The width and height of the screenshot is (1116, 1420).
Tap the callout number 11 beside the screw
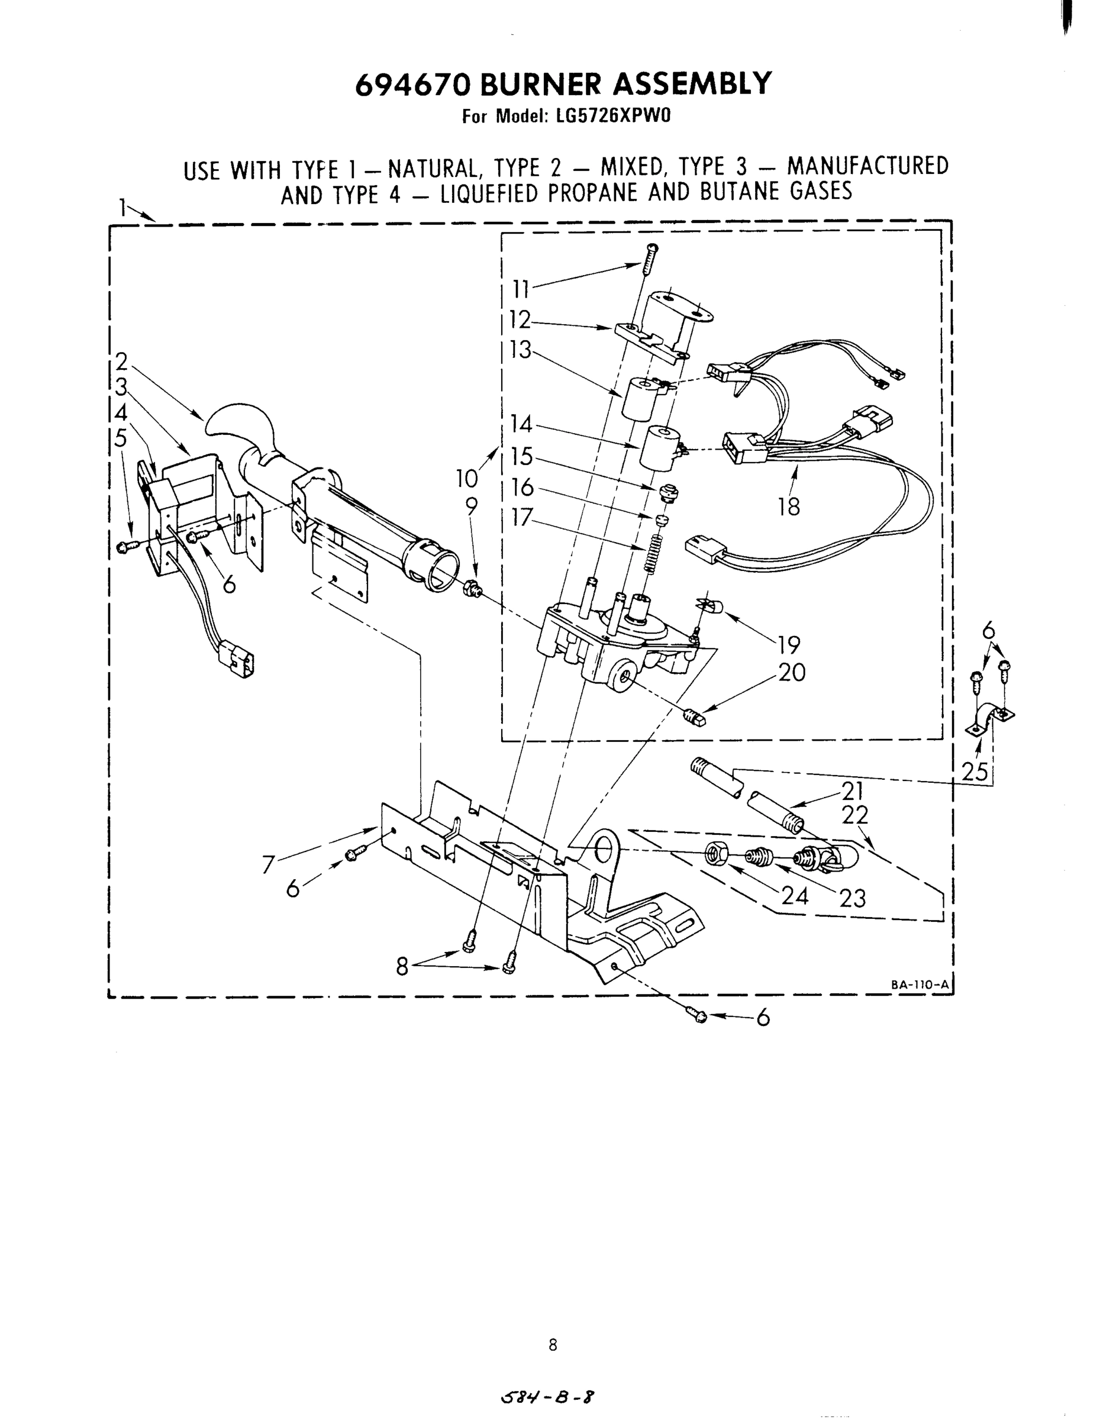[521, 288]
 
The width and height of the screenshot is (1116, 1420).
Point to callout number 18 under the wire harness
[789, 506]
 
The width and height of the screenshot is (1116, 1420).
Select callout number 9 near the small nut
[471, 506]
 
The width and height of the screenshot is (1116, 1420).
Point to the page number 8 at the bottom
[553, 1344]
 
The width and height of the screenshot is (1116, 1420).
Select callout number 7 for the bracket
[268, 866]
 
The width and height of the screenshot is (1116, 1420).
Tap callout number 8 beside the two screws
[402, 967]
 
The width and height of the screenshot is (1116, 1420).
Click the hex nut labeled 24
[714, 854]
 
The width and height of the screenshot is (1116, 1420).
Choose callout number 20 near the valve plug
[791, 672]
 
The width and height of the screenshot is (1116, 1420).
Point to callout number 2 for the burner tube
[121, 361]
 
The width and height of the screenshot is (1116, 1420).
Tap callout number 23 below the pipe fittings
[852, 898]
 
